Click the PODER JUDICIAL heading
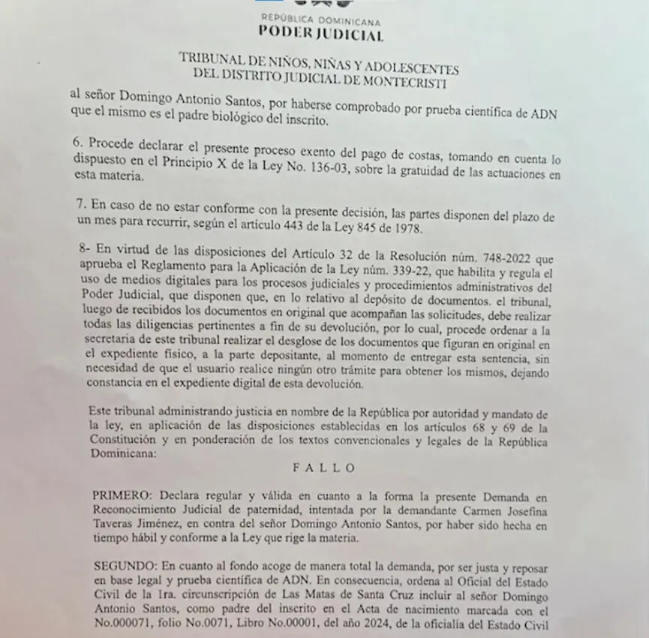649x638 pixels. (321, 33)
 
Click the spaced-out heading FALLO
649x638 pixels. (323, 467)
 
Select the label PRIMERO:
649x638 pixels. (120, 497)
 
